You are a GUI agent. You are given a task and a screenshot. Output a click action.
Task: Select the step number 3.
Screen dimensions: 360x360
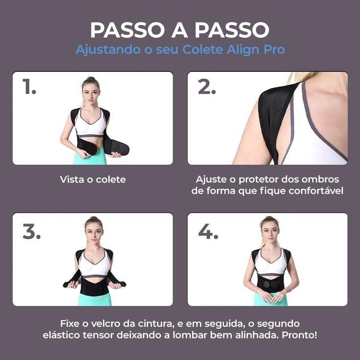tap(31, 232)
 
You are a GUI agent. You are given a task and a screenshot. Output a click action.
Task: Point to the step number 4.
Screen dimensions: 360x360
tap(208, 232)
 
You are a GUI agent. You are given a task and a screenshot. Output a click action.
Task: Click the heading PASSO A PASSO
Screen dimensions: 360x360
tap(180, 30)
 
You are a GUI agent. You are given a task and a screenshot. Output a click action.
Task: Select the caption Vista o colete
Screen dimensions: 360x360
tap(92, 180)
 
